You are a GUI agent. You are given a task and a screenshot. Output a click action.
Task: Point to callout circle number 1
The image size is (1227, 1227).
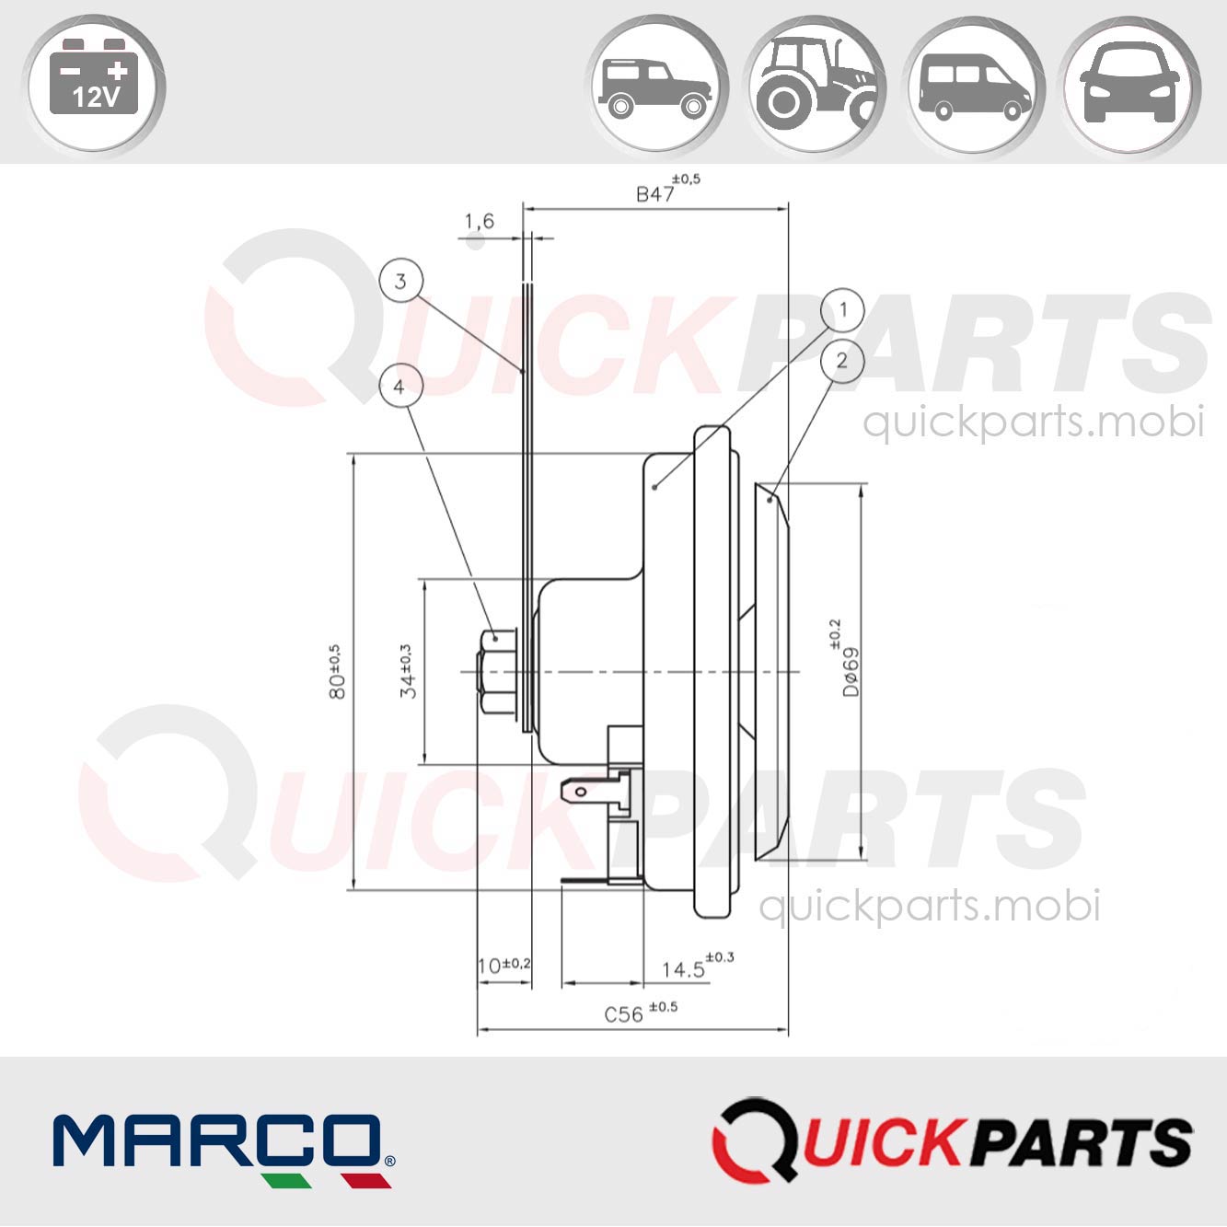click(x=841, y=310)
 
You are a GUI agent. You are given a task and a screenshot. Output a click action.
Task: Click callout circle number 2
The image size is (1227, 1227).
click(x=841, y=360)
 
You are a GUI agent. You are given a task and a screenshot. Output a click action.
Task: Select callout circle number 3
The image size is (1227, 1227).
click(x=400, y=281)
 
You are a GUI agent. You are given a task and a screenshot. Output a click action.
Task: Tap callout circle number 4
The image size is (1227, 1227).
click(x=399, y=387)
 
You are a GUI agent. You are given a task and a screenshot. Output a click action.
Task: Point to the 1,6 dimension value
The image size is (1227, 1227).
click(x=479, y=221)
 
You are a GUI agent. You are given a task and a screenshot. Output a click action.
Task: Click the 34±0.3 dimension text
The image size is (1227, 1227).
click(x=407, y=671)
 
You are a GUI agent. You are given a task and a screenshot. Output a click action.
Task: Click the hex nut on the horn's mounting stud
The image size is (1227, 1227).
click(x=498, y=671)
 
